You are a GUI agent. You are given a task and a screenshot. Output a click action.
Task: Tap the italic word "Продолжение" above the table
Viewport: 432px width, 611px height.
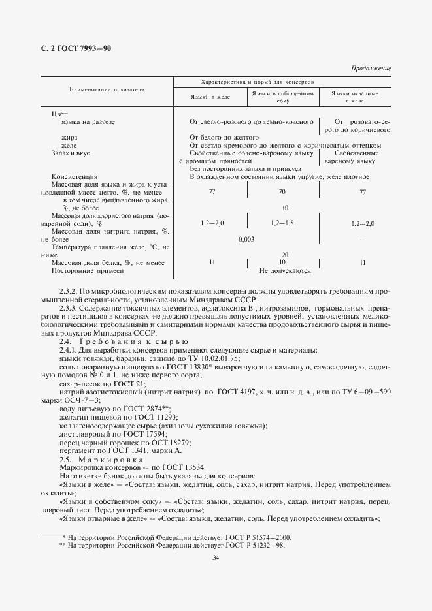point(371,69)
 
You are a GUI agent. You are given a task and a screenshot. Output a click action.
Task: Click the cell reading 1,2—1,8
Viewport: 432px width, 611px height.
point(282,223)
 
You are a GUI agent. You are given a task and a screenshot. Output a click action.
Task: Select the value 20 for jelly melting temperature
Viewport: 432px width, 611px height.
point(284,255)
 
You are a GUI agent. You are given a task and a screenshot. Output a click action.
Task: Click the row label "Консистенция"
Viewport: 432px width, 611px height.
point(74,177)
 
